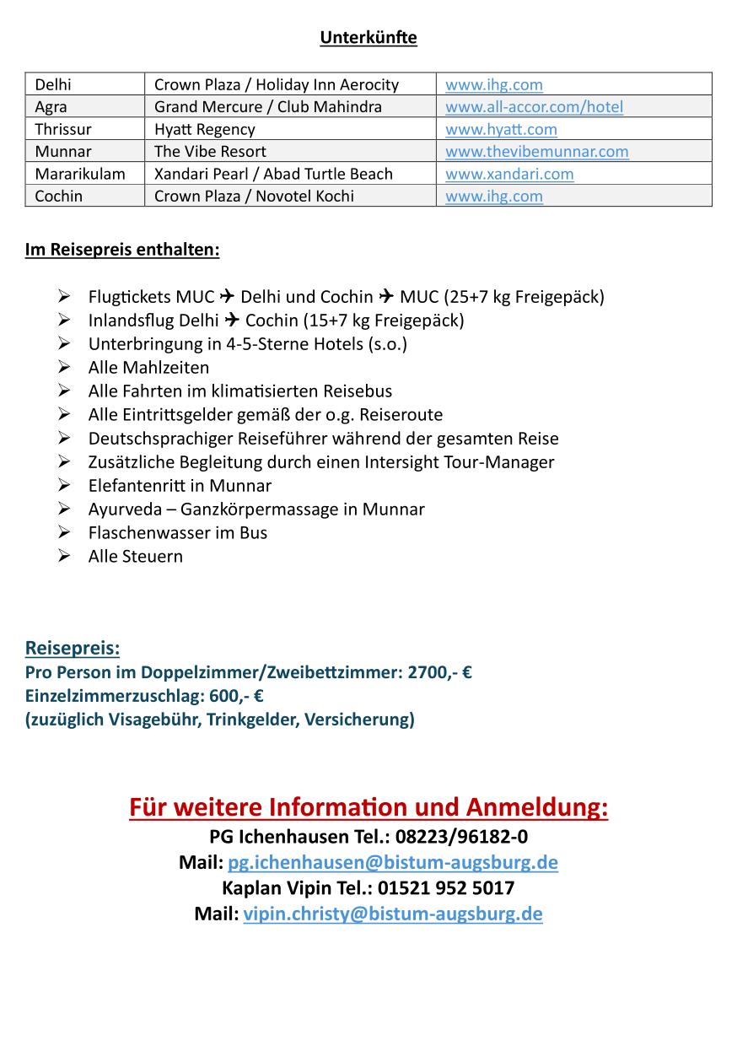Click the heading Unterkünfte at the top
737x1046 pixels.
click(x=368, y=38)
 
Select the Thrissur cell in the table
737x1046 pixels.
click(x=63, y=129)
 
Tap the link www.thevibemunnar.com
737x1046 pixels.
click(x=536, y=152)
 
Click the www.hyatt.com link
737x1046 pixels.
click(x=501, y=129)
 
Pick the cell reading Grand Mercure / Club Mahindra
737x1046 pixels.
click(x=267, y=107)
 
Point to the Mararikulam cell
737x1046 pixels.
click(x=79, y=174)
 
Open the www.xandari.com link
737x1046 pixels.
click(x=509, y=174)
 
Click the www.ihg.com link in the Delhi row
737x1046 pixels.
click(x=493, y=84)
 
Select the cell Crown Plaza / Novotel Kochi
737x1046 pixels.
click(x=254, y=196)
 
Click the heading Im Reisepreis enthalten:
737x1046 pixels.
click(x=122, y=251)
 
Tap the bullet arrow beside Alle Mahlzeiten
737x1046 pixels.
click(x=64, y=368)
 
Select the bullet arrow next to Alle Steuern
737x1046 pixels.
click(x=64, y=557)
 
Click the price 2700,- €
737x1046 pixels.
click(x=438, y=673)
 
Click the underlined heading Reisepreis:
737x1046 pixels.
click(x=73, y=649)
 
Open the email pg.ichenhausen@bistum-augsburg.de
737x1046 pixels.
click(x=392, y=863)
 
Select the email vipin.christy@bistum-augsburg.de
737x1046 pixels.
click(x=392, y=914)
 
